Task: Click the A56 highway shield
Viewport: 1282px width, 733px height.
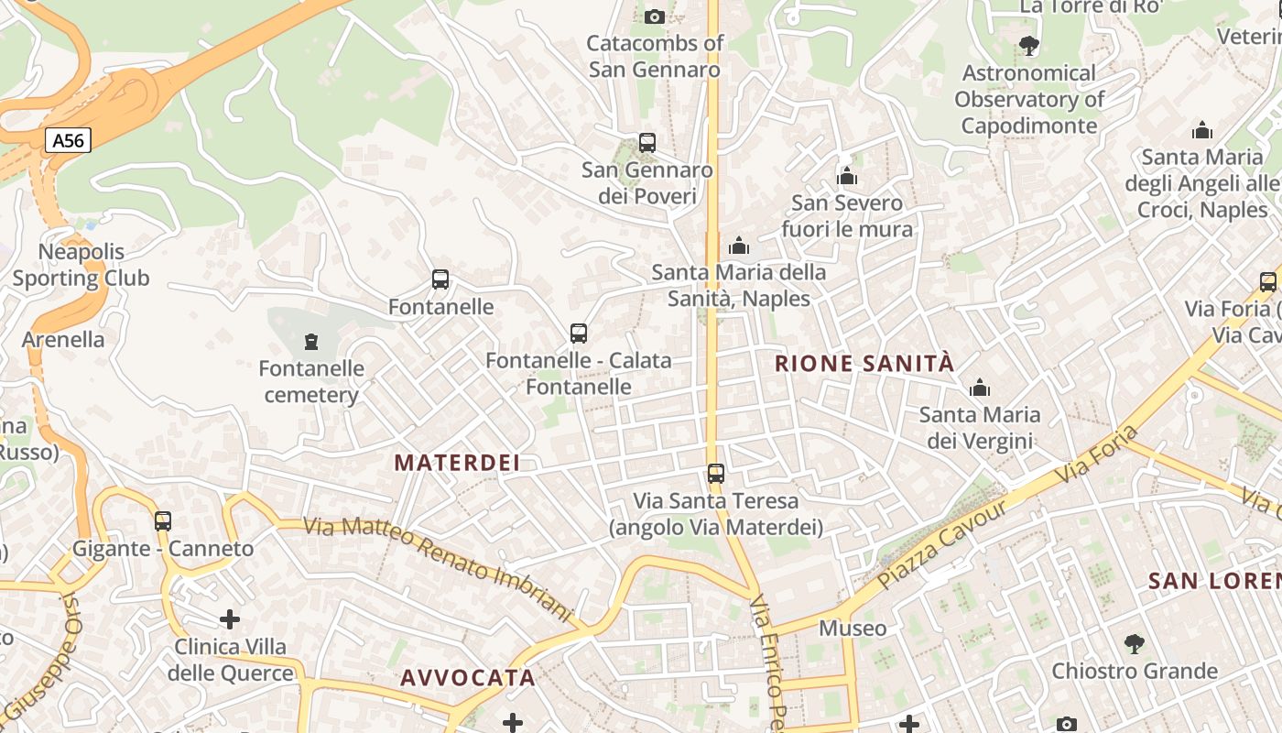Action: [69, 140]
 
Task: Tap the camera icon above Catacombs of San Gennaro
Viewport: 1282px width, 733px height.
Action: [654, 16]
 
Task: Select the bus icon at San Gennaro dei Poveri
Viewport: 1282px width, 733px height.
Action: [647, 143]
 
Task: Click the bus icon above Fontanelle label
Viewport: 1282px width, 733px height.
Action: [440, 279]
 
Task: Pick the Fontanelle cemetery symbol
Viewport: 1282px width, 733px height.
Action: [311, 342]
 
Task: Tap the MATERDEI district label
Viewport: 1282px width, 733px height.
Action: [457, 463]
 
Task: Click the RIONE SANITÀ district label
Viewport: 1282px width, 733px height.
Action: [864, 364]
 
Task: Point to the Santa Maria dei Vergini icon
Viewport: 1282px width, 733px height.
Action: [980, 388]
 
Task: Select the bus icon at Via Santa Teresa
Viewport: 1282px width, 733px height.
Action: [716, 474]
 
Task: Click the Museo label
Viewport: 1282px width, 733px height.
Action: [853, 629]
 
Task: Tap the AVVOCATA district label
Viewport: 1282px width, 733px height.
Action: [468, 678]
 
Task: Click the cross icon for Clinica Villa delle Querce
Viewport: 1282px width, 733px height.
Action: [230, 620]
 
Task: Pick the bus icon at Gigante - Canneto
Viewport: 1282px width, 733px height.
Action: [163, 521]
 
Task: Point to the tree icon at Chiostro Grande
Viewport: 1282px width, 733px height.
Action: [1135, 644]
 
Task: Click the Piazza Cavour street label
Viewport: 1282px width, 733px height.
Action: [943, 544]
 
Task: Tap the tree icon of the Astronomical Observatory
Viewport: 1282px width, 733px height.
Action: [1029, 46]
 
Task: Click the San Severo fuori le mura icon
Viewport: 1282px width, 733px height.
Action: [847, 176]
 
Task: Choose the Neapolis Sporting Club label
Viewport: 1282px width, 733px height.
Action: [81, 265]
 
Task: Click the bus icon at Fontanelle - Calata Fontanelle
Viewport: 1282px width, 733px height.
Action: [579, 334]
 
